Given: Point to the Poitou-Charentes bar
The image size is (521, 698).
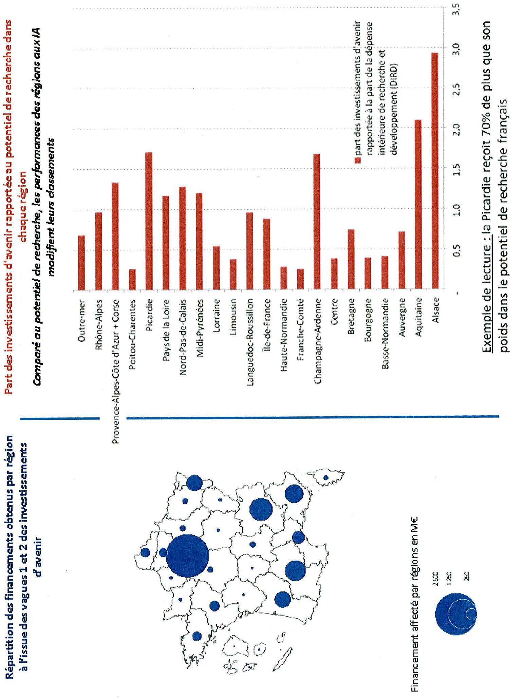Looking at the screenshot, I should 132,280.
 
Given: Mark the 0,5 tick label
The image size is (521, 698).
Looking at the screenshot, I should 457,250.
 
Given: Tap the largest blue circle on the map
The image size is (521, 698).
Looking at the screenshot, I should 187,556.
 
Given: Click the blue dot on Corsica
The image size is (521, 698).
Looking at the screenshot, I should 325,477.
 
